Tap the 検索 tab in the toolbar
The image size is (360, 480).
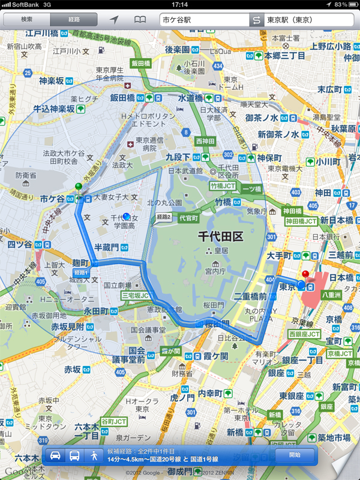[26, 20]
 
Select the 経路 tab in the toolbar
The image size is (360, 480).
[73, 20]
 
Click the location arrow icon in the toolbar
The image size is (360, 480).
[114, 20]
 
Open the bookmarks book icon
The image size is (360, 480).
[140, 20]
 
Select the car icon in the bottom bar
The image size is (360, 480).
[54, 455]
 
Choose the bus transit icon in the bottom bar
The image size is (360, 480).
[74, 455]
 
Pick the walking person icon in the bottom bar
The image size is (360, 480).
[94, 455]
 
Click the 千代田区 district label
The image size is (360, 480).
[221, 237]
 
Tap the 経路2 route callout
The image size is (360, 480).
[163, 217]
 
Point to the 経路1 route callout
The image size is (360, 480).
[80, 272]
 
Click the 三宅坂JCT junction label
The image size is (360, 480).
[134, 296]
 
